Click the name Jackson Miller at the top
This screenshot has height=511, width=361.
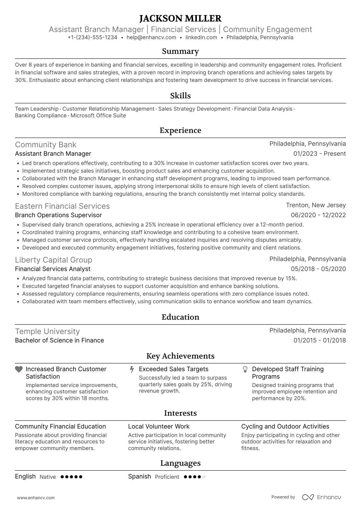click(180, 18)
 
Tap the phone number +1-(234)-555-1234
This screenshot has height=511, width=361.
click(92, 37)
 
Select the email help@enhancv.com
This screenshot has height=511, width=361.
click(151, 37)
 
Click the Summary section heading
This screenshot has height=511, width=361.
click(180, 51)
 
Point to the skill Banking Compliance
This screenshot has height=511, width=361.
click(41, 116)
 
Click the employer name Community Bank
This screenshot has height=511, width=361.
click(46, 145)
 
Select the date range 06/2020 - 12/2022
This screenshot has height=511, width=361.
click(318, 215)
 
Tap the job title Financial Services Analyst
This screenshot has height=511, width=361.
click(52, 269)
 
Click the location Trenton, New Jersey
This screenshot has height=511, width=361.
click(316, 205)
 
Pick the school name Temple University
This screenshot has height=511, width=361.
click(47, 331)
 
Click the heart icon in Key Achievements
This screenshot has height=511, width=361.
click(19, 369)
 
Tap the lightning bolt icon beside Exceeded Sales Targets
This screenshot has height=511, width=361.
click(132, 369)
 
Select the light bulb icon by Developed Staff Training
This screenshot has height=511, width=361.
click(245, 369)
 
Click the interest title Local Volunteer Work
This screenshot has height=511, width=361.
click(159, 426)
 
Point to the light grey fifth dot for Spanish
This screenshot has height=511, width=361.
click(204, 477)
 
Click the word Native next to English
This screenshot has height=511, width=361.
click(48, 477)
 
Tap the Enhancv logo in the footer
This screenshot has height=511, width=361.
click(321, 497)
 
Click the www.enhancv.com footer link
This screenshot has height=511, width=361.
click(36, 498)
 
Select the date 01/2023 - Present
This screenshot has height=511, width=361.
click(320, 154)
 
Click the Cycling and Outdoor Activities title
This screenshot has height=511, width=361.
click(285, 426)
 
